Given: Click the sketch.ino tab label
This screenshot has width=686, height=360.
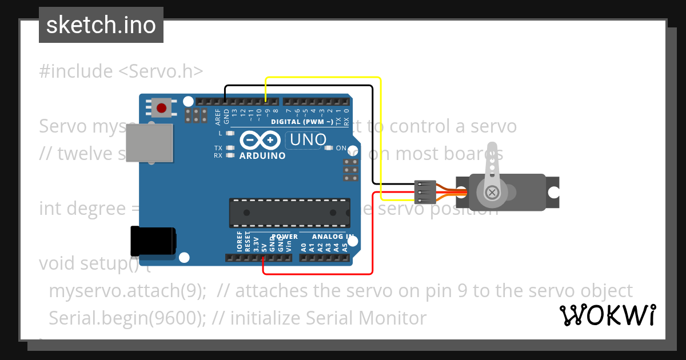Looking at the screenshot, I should tap(101, 25).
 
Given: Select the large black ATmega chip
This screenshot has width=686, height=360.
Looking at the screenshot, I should tap(290, 213).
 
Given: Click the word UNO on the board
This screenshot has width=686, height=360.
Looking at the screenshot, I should tap(309, 139).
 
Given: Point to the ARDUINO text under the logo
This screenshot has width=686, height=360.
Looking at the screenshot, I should tap(262, 155).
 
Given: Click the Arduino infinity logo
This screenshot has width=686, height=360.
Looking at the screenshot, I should tap(261, 141).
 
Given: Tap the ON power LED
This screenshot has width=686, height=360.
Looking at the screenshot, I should tap(329, 148).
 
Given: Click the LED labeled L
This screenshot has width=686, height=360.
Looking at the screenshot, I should tap(230, 133).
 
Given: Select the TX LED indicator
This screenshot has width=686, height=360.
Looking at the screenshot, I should tap(230, 148).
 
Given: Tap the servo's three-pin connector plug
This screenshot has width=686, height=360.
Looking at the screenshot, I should tap(425, 192).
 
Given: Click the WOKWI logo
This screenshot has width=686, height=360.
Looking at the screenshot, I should tap(607, 315).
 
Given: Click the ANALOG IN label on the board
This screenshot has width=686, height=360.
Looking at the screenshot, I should tap(332, 237).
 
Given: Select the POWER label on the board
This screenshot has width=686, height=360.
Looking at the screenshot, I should tap(285, 237).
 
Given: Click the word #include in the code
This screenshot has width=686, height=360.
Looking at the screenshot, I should tap(76, 71).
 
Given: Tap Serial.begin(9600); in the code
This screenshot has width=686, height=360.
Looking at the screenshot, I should tap(127, 318).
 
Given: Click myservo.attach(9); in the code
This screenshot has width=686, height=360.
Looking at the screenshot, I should tap(127, 291).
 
